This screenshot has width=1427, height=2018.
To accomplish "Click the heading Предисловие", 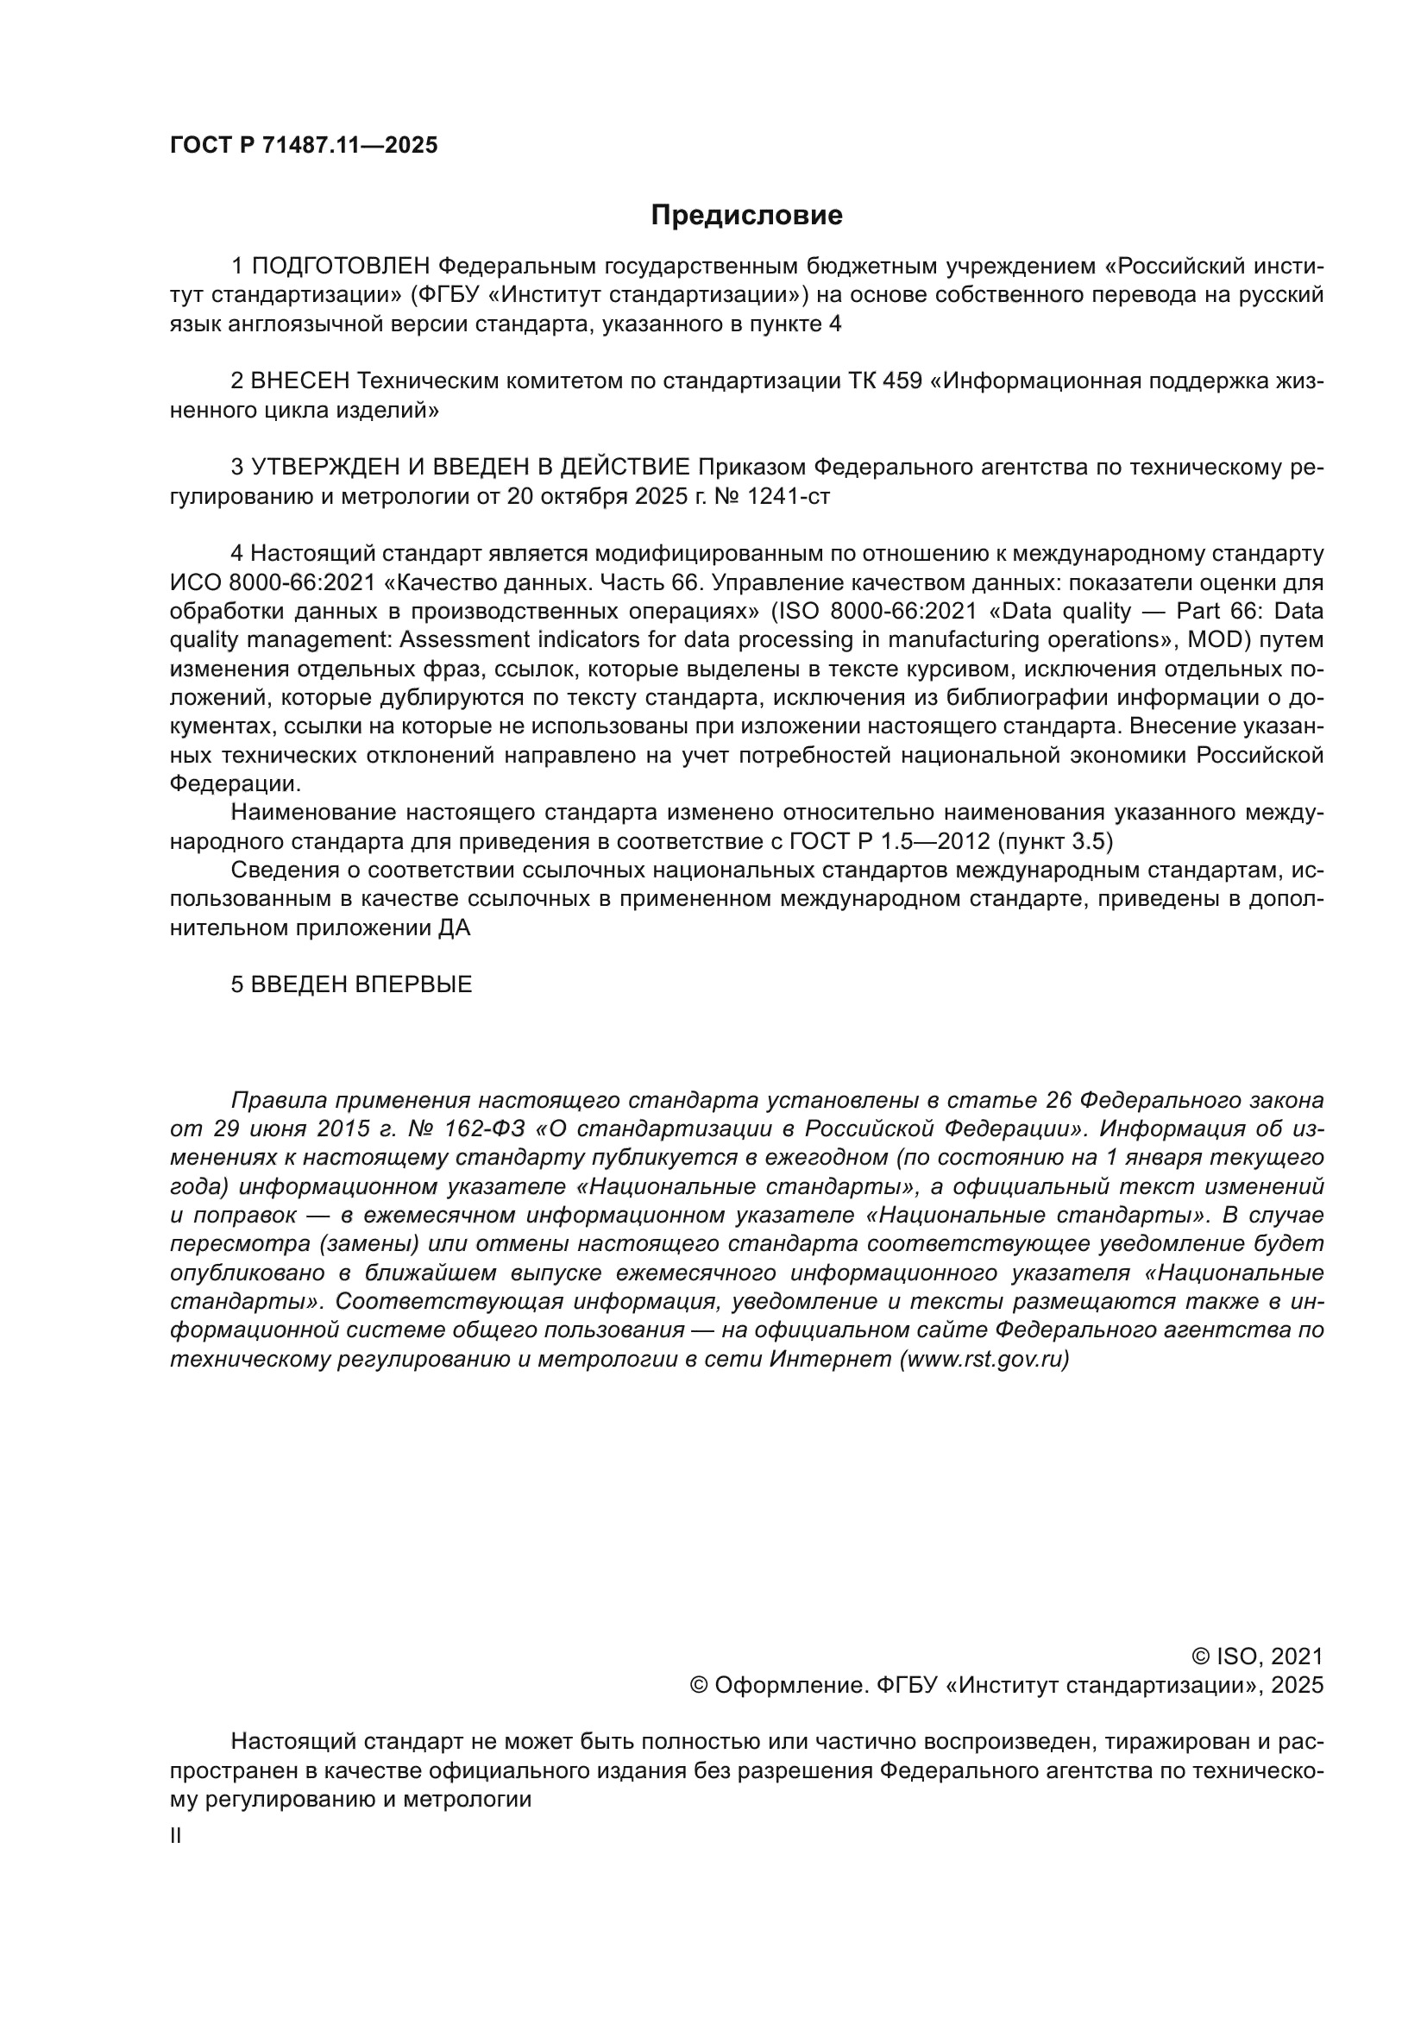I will pyautogui.click(x=746, y=216).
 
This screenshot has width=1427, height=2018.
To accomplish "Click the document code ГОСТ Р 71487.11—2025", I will pyautogui.click(x=303, y=146).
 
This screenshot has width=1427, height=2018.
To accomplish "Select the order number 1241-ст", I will pyautogui.click(x=788, y=497).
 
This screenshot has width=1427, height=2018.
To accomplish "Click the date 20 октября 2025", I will pyautogui.click(x=597, y=497).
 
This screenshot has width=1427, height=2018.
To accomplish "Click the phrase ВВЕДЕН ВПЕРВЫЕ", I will pyautogui.click(x=361, y=984).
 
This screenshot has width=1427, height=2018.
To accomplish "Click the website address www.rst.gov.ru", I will pyautogui.click(x=984, y=1360).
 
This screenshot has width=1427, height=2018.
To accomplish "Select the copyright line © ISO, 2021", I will pyautogui.click(x=1256, y=1657).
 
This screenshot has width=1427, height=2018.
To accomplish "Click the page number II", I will pyautogui.click(x=176, y=1836).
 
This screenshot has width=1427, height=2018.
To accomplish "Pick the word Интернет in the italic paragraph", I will pyautogui.click(x=829, y=1360).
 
